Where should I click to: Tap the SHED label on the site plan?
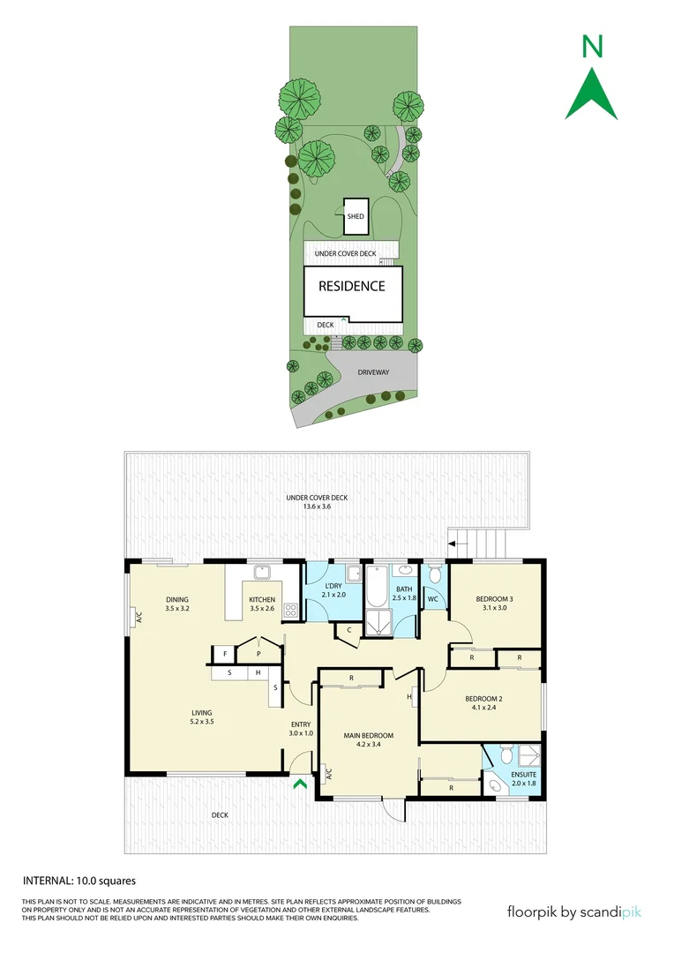point(356,216)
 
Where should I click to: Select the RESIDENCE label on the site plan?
point(352,286)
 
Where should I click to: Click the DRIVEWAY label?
point(373,372)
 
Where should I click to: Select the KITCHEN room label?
point(262,604)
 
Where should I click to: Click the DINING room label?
point(177,604)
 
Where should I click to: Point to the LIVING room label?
point(202,717)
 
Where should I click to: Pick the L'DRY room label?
point(333,590)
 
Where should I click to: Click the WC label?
point(433,600)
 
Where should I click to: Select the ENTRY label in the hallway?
point(301,728)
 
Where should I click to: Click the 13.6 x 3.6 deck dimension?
point(317,506)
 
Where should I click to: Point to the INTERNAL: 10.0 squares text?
point(79,880)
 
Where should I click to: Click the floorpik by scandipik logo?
point(574,912)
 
